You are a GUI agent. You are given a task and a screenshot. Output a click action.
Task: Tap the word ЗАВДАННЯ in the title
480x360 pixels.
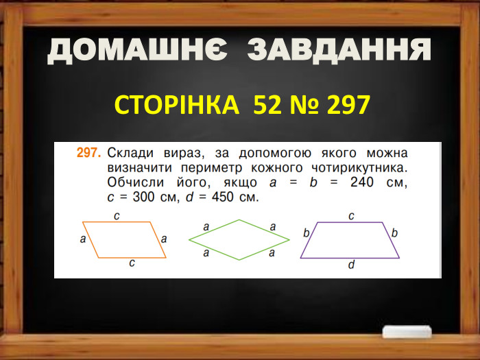click(339, 50)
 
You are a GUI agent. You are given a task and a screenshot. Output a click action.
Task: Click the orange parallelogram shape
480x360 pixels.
click(124, 239)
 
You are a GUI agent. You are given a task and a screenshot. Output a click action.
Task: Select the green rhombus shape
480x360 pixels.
click(239, 239)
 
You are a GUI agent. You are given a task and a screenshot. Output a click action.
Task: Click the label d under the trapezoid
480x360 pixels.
click(351, 266)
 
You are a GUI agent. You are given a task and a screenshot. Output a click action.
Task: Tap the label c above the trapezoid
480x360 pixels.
click(351, 215)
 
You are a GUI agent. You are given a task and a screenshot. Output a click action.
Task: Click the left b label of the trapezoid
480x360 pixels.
click(307, 234)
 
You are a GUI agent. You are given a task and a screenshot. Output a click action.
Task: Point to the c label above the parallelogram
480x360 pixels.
click(117, 215)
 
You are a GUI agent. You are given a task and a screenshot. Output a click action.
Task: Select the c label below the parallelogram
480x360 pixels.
click(131, 263)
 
